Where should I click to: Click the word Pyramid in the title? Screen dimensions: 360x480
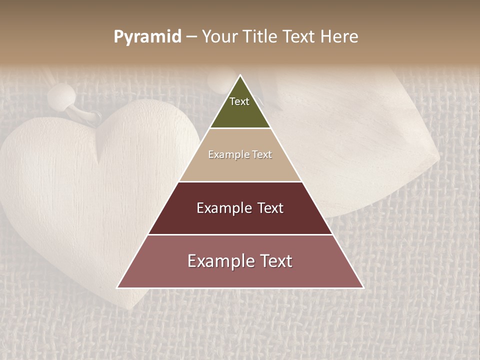[147, 37]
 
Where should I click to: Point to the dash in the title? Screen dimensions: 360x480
[191, 37]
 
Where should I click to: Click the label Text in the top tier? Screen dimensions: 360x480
[239, 101]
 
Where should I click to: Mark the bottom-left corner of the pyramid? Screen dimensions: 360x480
[117, 287]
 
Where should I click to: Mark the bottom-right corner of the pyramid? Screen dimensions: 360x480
[363, 287]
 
